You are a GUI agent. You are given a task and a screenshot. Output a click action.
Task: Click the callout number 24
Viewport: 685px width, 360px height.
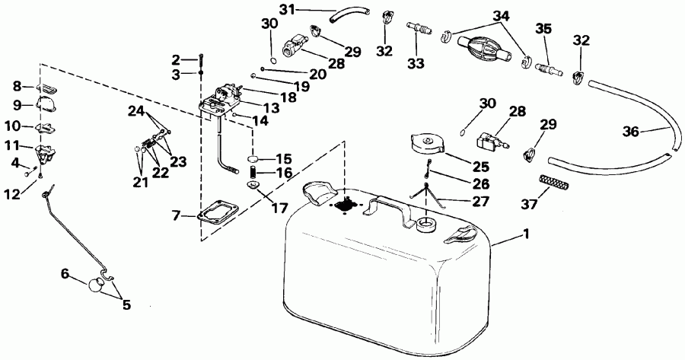click(136, 112)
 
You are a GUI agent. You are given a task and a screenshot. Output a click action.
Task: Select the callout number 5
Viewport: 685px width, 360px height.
click(126, 304)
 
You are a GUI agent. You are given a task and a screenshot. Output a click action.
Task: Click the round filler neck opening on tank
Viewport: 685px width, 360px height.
click(425, 223)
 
